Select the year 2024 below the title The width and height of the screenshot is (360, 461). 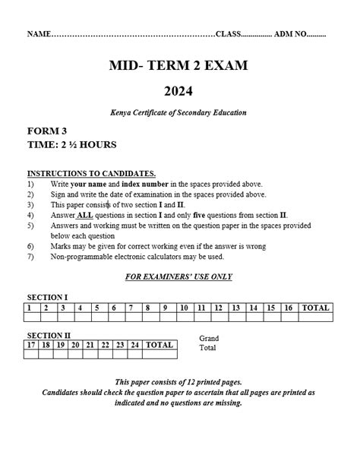pyautogui.click(x=181, y=92)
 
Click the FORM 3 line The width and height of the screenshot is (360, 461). pyautogui.click(x=46, y=131)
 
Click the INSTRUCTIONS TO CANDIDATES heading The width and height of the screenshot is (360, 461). pyautogui.click(x=91, y=173)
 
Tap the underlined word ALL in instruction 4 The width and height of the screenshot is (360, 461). pyautogui.click(x=85, y=215)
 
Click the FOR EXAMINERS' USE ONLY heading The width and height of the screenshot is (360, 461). pyautogui.click(x=178, y=276)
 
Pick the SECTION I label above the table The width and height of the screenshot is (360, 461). pyautogui.click(x=48, y=297)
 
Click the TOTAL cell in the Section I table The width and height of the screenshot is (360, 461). pyautogui.click(x=315, y=308)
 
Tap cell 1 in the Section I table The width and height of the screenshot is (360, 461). pyautogui.click(x=29, y=308)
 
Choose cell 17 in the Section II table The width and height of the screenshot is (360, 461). pyautogui.click(x=31, y=344)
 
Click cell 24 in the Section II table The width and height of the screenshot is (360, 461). pyautogui.click(x=134, y=344)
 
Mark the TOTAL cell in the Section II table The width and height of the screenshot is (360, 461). pyautogui.click(x=159, y=344)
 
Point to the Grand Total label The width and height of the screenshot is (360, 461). pyautogui.click(x=208, y=343)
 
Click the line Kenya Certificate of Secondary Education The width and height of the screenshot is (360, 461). pyautogui.click(x=178, y=113)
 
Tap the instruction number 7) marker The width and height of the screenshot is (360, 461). pyautogui.click(x=30, y=257)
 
